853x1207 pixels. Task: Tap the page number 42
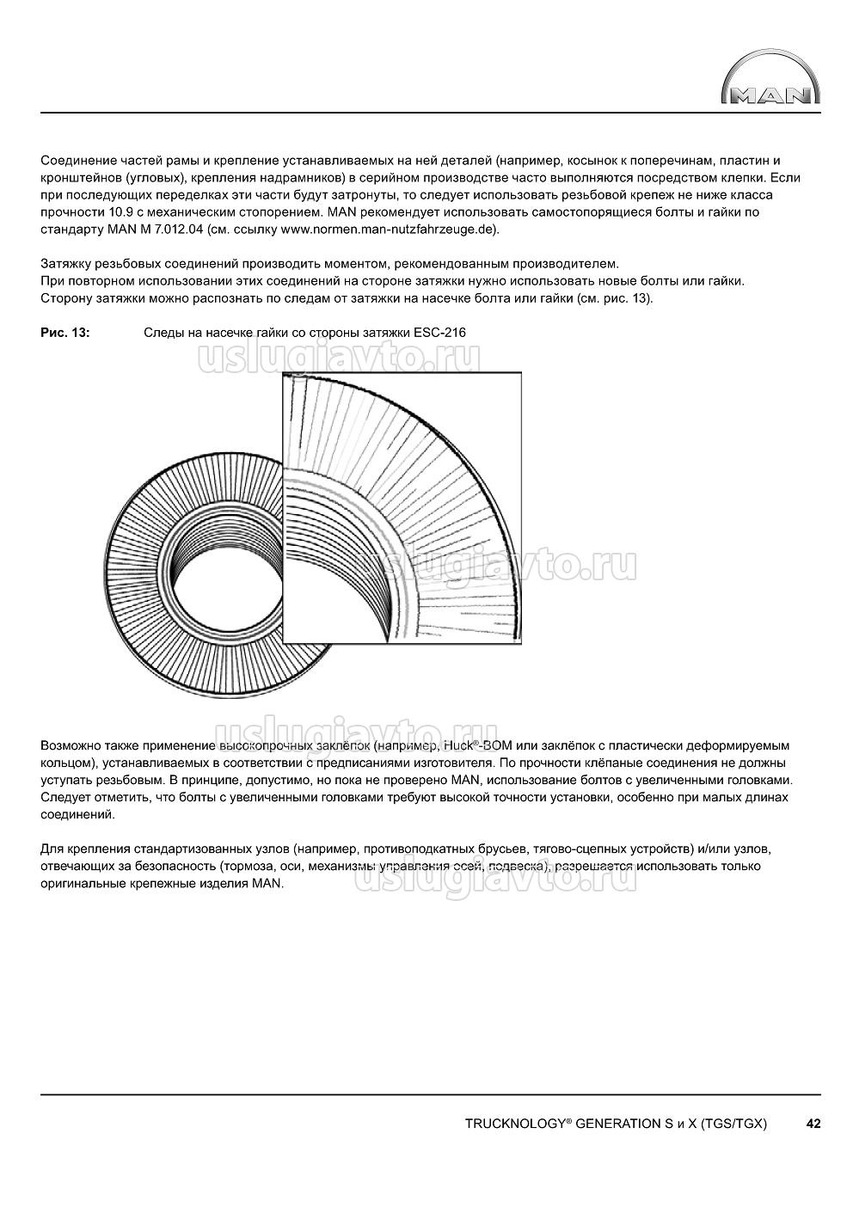813,1123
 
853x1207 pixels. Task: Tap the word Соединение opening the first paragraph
77,161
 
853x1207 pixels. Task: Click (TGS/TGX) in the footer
733,1124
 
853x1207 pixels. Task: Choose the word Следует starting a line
66,797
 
